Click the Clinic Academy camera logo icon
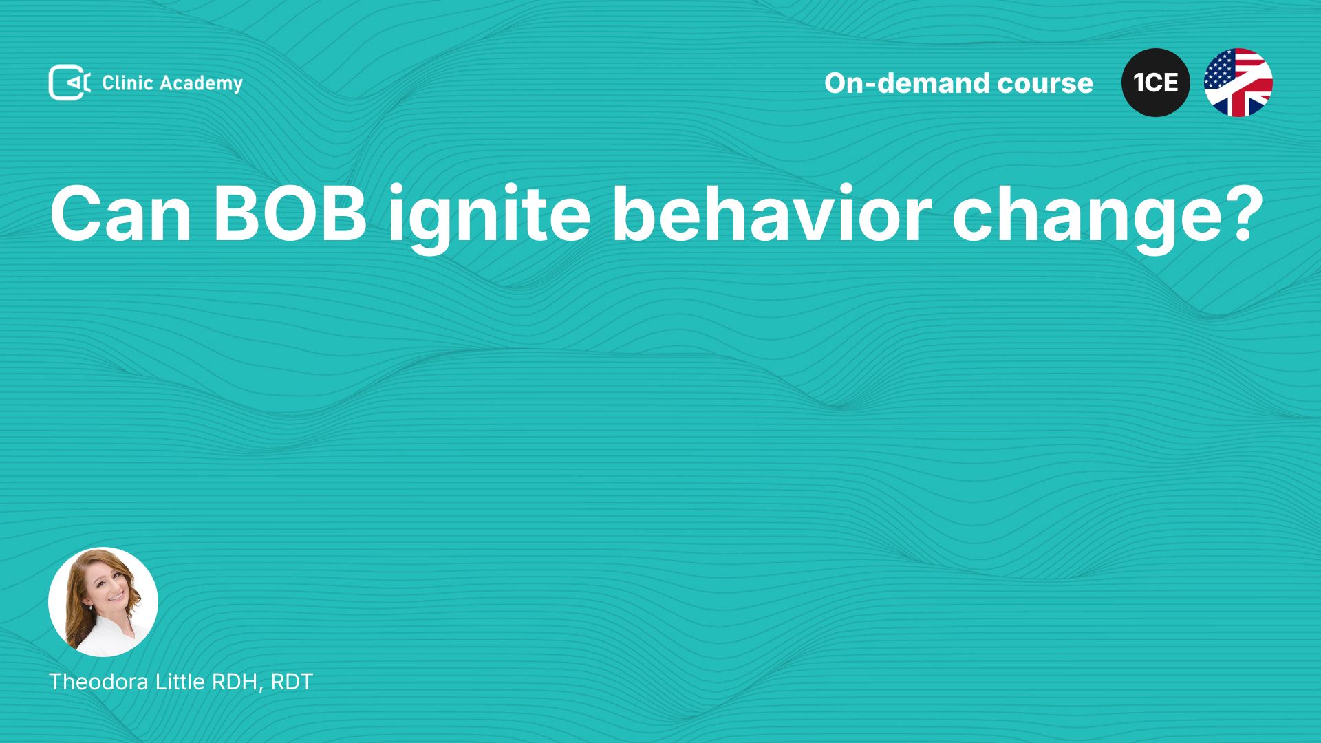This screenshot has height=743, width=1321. point(69,83)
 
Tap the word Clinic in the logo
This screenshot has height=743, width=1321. point(127,83)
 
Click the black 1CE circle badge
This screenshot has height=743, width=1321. point(1156,83)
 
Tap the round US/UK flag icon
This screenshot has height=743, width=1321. point(1238,83)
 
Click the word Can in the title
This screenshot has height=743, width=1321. point(121,214)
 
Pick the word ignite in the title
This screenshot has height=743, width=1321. point(489,217)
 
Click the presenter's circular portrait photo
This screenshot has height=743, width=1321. point(103,602)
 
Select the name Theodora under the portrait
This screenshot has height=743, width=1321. point(99,682)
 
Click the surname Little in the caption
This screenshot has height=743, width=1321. point(180,682)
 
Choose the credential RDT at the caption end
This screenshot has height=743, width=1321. point(292,682)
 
